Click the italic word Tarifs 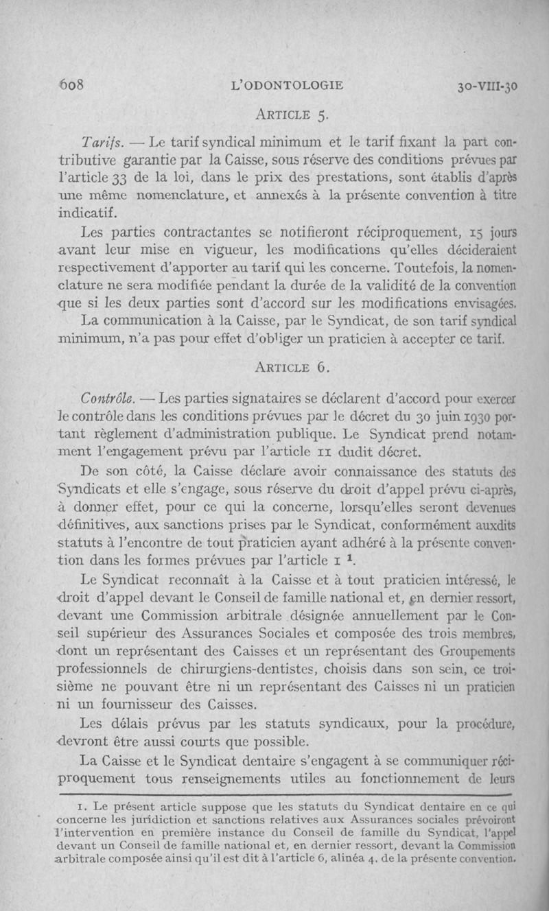point(101,143)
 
